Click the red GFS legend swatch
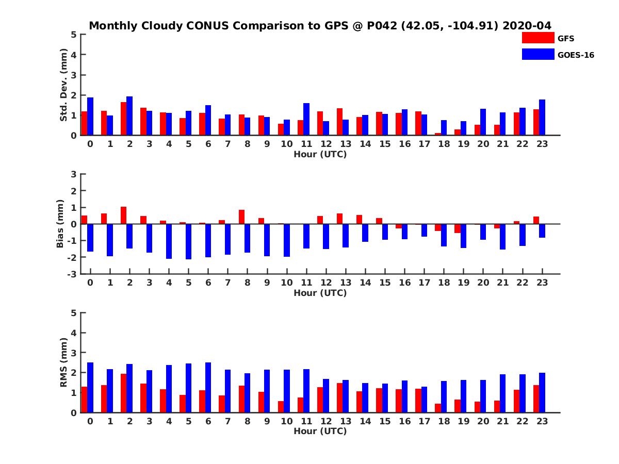[537, 38]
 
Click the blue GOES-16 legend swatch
[537, 54]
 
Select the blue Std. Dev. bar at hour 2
[129, 116]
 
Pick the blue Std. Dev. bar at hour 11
[306, 119]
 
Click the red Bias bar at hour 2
[123, 216]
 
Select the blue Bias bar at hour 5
[189, 241]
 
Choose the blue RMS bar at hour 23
[542, 392]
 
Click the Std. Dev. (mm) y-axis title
[64, 85]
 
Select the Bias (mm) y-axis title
[60, 224]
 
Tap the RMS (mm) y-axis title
[64, 362]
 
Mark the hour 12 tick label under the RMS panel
[326, 421]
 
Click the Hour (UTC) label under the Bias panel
[320, 293]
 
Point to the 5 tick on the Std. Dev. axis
[74, 35]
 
